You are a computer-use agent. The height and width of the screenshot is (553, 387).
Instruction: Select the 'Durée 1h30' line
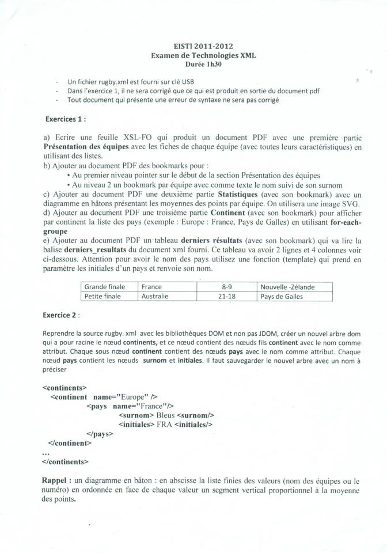pyautogui.click(x=203, y=65)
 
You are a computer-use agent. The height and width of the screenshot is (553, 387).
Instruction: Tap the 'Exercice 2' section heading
pyautogui.click(x=61, y=315)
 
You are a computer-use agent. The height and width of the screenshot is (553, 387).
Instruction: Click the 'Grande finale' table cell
pyautogui.click(x=105, y=287)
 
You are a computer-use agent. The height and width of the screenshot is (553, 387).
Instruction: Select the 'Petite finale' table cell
pyautogui.click(x=103, y=297)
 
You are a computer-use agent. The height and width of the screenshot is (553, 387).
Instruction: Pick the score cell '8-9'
pyautogui.click(x=227, y=287)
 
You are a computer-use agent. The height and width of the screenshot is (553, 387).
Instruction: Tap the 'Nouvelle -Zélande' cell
pyautogui.click(x=287, y=287)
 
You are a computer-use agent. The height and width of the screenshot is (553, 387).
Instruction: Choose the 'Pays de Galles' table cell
pyautogui.click(x=282, y=297)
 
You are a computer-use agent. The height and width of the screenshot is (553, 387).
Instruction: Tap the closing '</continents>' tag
pyautogui.click(x=66, y=461)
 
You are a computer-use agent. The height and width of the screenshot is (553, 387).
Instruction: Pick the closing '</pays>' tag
pyautogui.click(x=100, y=434)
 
